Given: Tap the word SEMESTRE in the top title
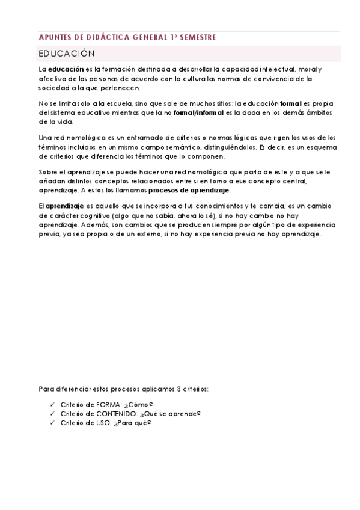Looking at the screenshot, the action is click(x=197, y=37).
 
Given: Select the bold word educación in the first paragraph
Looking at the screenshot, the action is click(x=66, y=70).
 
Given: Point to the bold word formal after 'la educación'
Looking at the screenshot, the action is click(x=291, y=104).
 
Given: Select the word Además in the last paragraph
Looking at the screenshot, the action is click(x=89, y=225).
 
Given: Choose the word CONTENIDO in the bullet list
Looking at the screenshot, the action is click(x=112, y=414).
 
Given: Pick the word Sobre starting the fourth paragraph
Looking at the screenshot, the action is click(x=47, y=173).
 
